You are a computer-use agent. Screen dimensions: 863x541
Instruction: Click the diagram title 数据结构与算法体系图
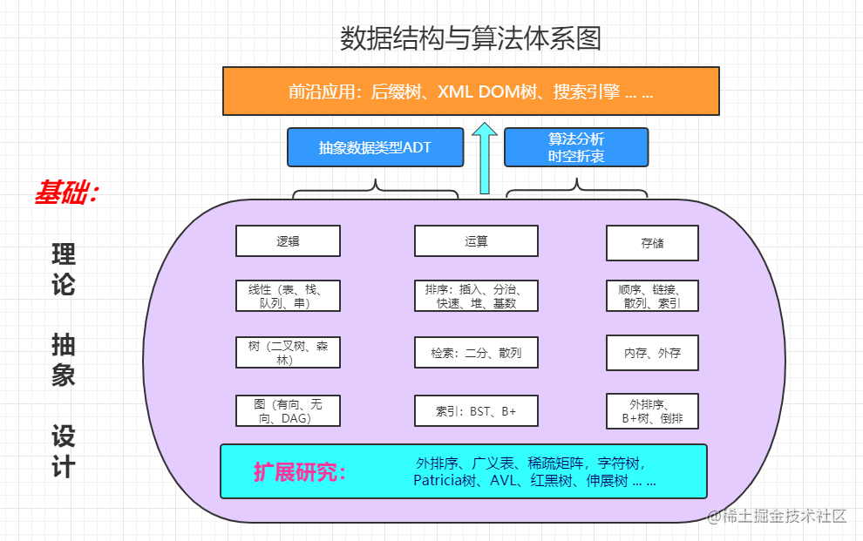pyautogui.click(x=471, y=38)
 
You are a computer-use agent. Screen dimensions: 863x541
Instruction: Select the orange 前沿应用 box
pyautogui.click(x=471, y=91)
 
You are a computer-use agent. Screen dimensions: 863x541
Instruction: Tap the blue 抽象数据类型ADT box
pyautogui.click(x=376, y=147)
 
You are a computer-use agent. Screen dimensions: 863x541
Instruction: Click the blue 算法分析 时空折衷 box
pyautogui.click(x=576, y=147)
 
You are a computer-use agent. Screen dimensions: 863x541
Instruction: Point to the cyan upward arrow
pyautogui.click(x=485, y=158)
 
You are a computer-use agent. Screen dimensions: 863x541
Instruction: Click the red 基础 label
pyautogui.click(x=66, y=193)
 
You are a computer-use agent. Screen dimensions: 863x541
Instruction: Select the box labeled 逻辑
pyautogui.click(x=288, y=240)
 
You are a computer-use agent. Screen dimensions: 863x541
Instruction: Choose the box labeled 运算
pyautogui.click(x=476, y=240)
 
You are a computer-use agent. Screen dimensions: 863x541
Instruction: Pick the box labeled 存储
pyautogui.click(x=652, y=243)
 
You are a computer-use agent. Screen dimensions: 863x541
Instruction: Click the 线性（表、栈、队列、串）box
pyautogui.click(x=288, y=296)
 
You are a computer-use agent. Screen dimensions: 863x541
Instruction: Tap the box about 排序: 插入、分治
pyautogui.click(x=476, y=296)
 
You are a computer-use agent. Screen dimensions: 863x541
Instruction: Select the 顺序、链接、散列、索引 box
pyautogui.click(x=652, y=296)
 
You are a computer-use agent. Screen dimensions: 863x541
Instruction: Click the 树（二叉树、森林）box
pyautogui.click(x=288, y=353)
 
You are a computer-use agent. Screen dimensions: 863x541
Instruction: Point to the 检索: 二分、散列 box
pyautogui.click(x=476, y=353)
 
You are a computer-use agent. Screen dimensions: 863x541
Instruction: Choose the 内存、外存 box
pyautogui.click(x=652, y=353)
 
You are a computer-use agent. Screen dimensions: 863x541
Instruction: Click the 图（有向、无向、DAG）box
pyautogui.click(x=288, y=410)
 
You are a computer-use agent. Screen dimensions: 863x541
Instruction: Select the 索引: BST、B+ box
pyautogui.click(x=476, y=410)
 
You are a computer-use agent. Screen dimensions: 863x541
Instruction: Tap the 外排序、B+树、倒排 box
pyautogui.click(x=652, y=411)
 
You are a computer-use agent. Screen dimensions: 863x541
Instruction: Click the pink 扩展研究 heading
pyautogui.click(x=300, y=472)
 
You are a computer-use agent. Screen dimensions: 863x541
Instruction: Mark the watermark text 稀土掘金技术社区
pyautogui.click(x=777, y=516)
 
